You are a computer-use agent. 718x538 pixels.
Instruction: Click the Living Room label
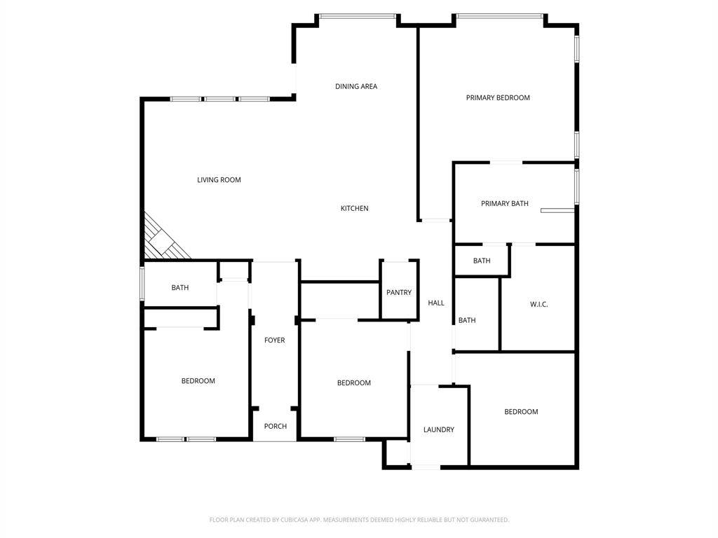click(x=219, y=180)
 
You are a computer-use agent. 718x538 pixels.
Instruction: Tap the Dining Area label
click(x=356, y=86)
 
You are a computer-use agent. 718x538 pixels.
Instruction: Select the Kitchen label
click(x=354, y=208)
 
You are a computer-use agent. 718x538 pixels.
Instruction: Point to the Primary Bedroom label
click(x=498, y=97)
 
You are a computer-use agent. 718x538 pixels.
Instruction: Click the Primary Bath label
click(x=505, y=203)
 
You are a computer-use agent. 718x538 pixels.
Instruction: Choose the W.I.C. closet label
click(x=539, y=304)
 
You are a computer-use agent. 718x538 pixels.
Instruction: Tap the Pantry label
click(x=399, y=292)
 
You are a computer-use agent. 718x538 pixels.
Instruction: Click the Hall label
click(x=436, y=303)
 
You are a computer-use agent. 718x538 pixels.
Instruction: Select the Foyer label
click(x=275, y=340)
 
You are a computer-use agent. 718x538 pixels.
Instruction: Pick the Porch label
click(x=275, y=426)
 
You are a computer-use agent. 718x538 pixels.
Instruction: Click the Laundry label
click(x=439, y=429)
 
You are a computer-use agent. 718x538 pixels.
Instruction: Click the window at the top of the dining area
click(x=358, y=16)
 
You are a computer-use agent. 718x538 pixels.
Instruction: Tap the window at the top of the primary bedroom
click(x=500, y=16)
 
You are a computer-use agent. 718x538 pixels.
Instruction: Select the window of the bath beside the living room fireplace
click(x=142, y=284)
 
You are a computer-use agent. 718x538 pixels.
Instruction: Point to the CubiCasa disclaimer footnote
click(x=359, y=520)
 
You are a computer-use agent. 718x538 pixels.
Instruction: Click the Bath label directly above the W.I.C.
click(x=482, y=261)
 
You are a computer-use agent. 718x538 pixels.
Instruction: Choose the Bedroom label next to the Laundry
click(x=521, y=412)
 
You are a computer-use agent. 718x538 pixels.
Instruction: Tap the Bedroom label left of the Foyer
click(x=198, y=380)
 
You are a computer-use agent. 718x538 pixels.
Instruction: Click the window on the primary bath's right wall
click(x=577, y=186)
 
